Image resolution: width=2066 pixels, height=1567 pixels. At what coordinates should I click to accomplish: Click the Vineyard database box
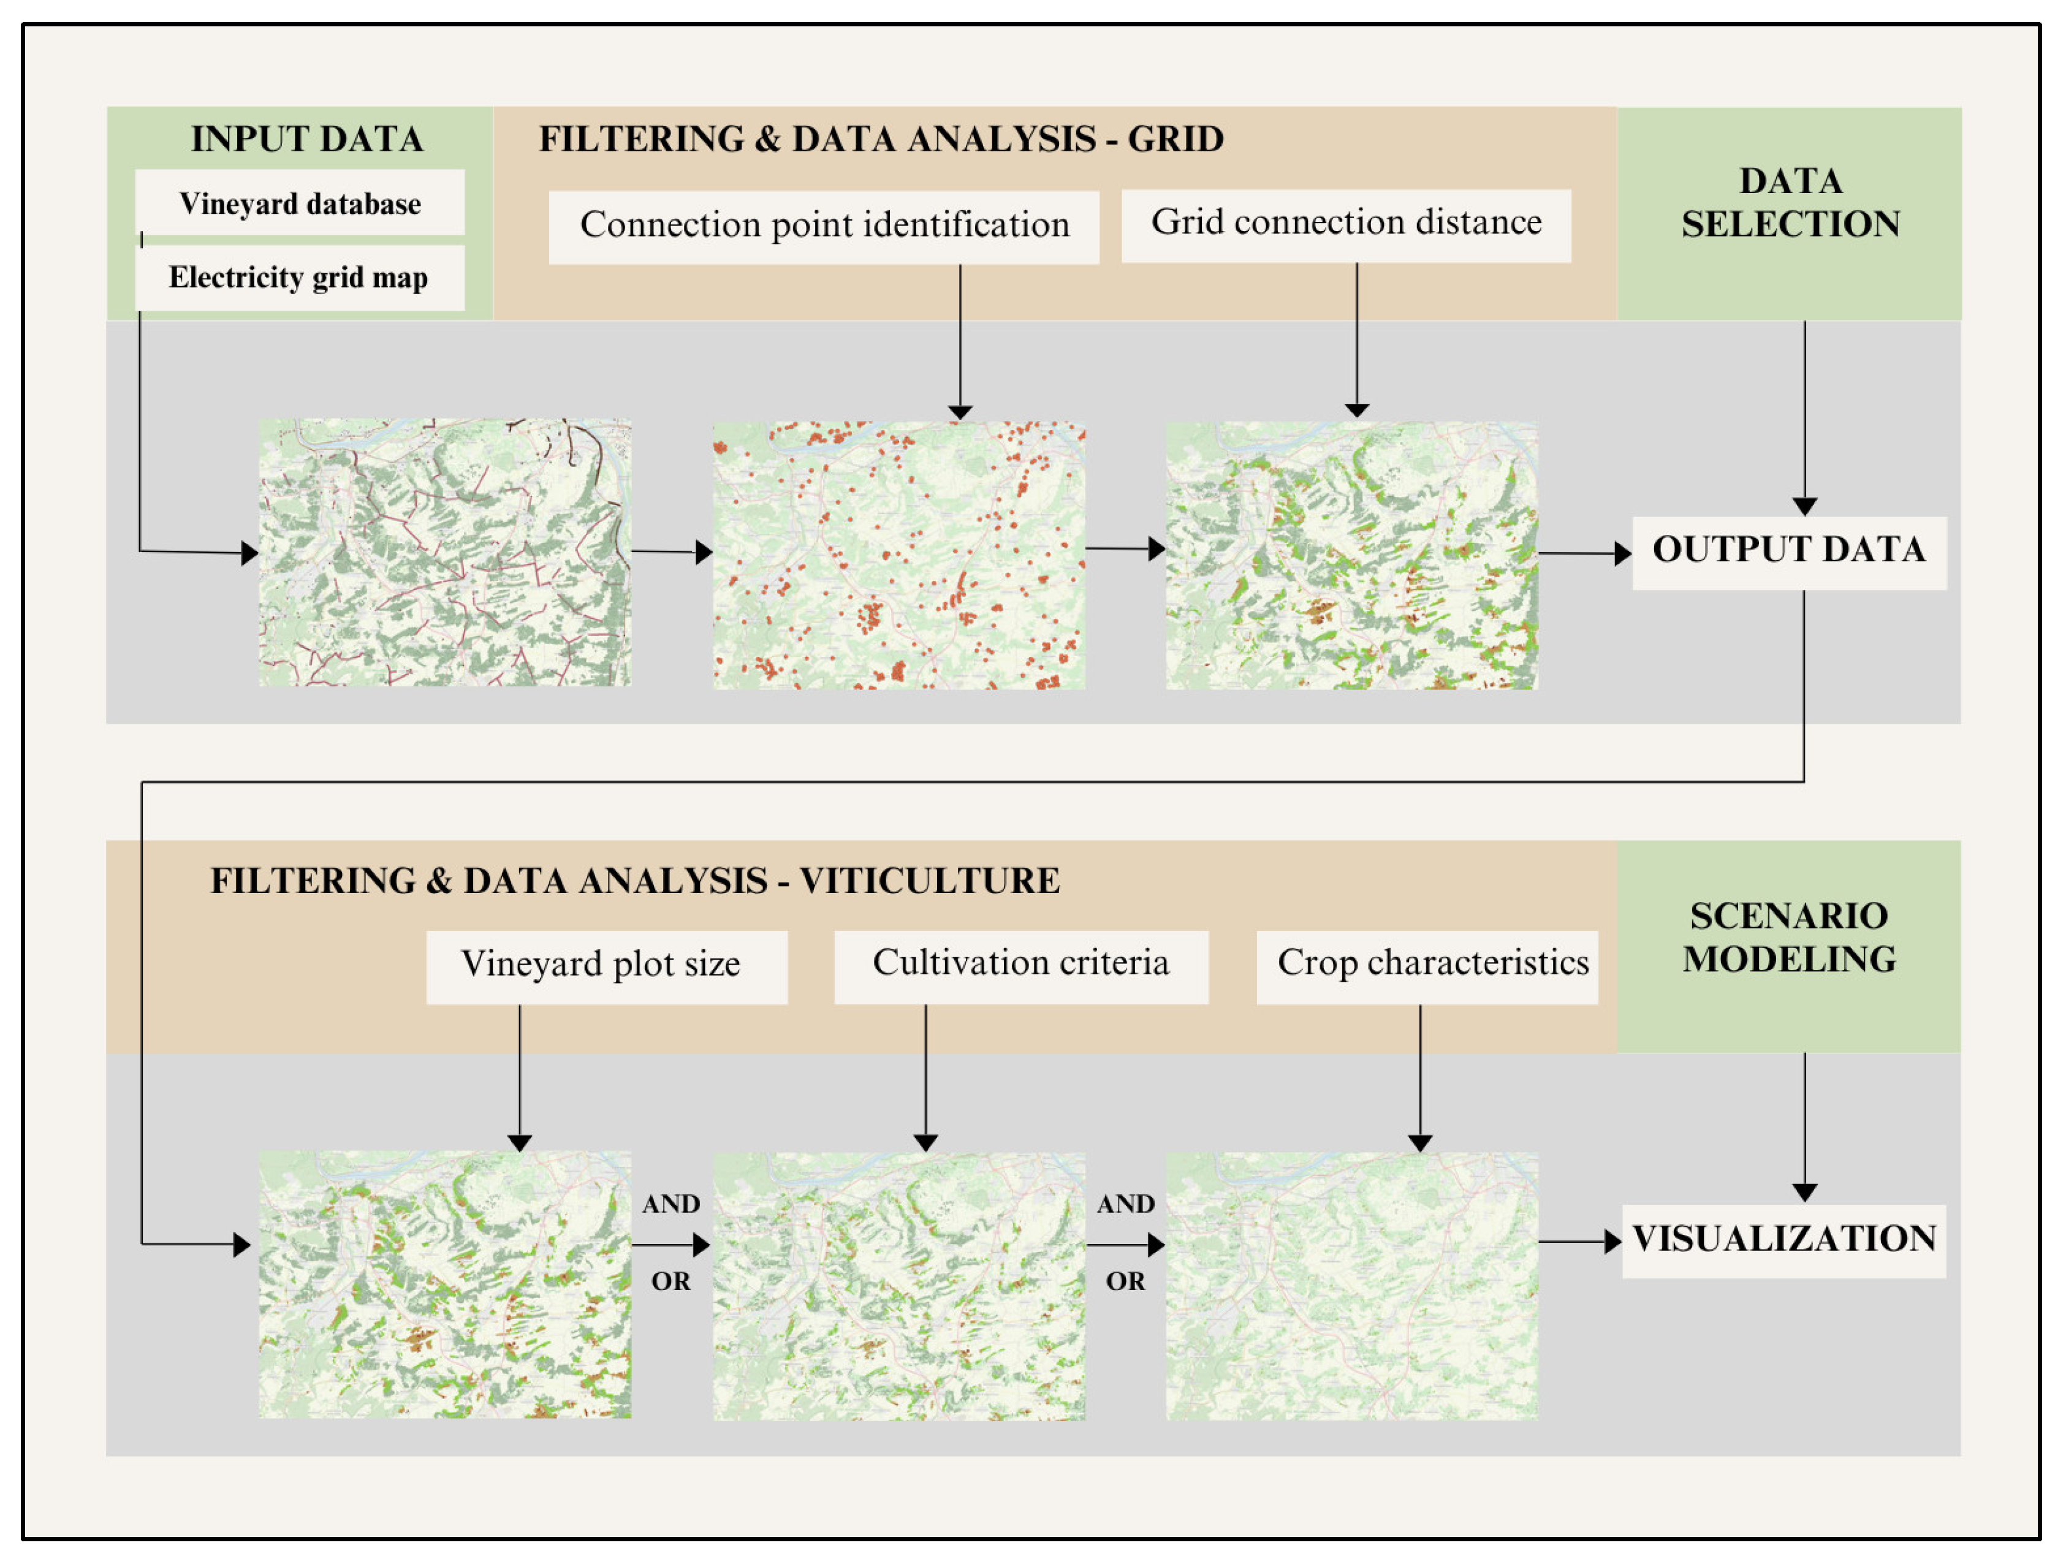(300, 203)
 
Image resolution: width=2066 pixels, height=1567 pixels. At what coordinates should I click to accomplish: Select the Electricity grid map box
(299, 278)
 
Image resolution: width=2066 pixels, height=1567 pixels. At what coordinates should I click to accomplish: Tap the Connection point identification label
(824, 225)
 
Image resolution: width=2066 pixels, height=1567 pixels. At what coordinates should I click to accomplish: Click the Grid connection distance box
(1345, 223)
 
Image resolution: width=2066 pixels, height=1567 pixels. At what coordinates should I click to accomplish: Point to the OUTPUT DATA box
(1788, 551)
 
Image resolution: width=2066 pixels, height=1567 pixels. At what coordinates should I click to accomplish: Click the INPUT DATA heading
(306, 138)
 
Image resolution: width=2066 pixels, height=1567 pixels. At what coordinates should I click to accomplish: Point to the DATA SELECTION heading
(1790, 203)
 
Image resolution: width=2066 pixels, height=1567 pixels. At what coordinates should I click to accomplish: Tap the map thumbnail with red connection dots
(898, 556)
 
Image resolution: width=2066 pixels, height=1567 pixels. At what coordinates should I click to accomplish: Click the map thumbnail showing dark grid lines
(444, 553)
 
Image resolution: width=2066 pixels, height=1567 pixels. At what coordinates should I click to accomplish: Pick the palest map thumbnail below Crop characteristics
(1351, 1286)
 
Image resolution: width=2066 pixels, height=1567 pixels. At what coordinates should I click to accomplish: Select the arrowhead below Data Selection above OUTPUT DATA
(1804, 506)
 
